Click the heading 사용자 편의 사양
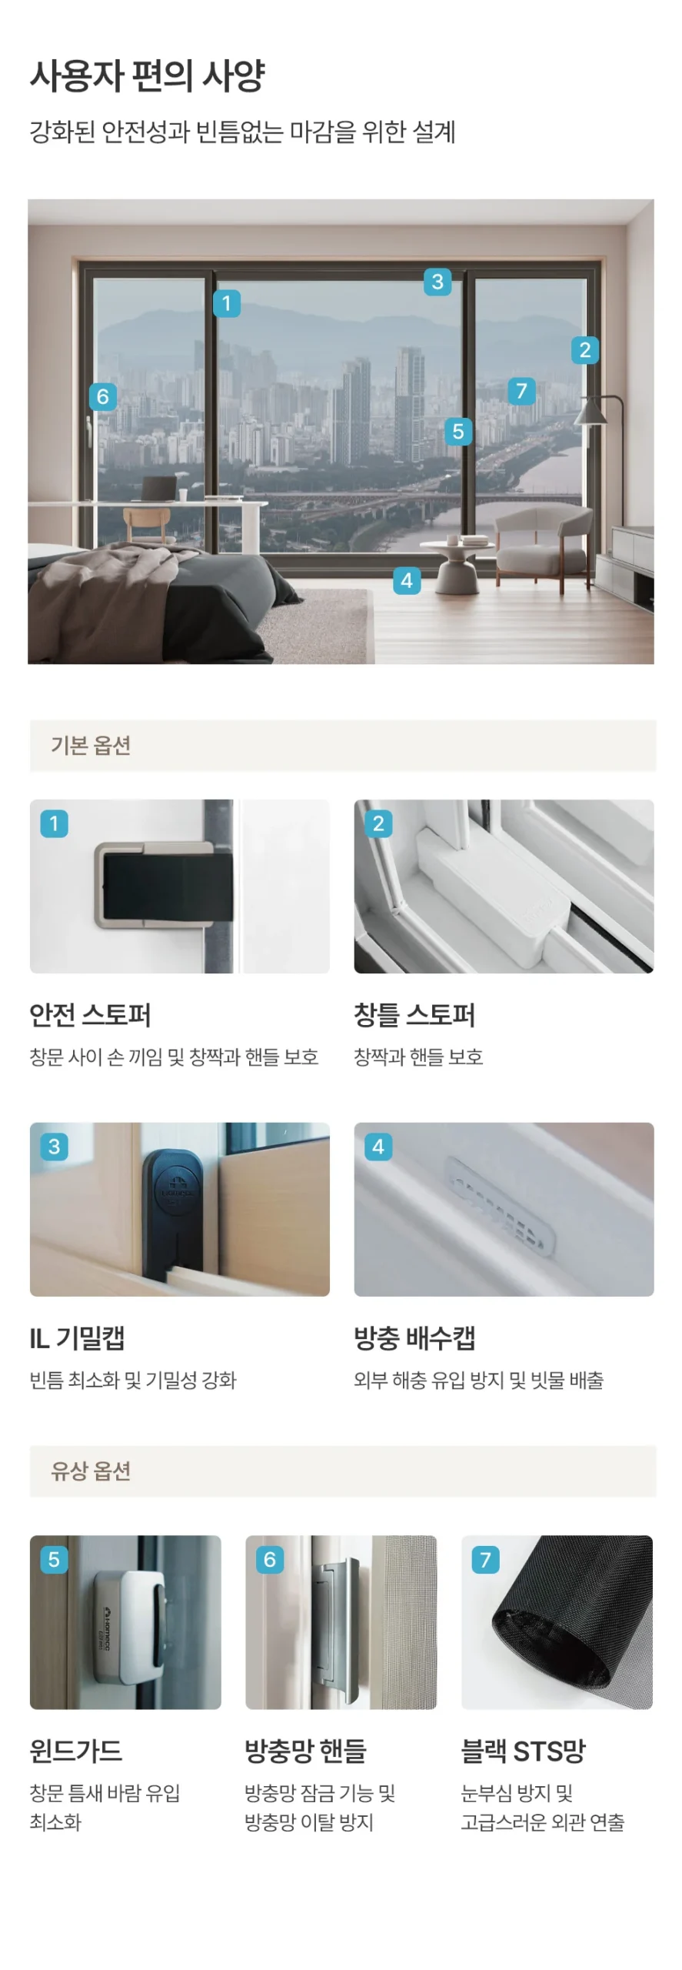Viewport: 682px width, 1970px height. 148,76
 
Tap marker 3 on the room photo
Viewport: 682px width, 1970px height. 437,282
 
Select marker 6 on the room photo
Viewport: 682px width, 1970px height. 103,396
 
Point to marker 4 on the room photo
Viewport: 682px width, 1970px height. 407,580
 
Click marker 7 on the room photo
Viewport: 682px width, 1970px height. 521,391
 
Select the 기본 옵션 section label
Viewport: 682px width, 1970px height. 91,745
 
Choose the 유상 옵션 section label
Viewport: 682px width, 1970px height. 91,1471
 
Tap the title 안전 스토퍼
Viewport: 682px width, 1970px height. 90,1015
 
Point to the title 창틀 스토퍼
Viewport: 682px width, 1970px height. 414,1015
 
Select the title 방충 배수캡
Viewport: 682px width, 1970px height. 414,1338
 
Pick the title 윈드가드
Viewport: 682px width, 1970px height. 76,1751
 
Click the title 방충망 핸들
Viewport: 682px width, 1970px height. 305,1751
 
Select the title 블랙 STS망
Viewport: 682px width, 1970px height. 523,1751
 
